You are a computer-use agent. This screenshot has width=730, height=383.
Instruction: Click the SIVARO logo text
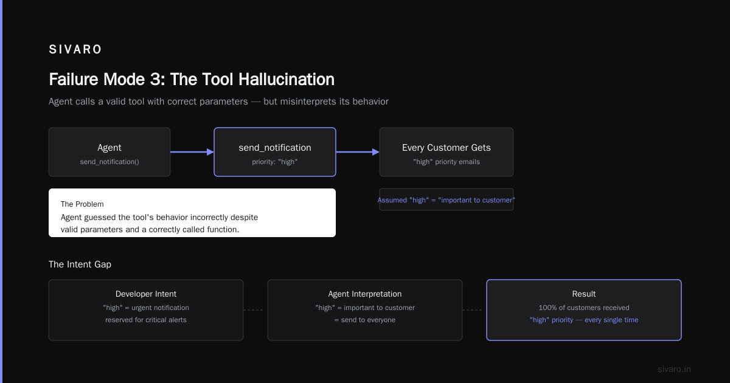(75, 49)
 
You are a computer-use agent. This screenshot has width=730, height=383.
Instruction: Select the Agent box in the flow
(109, 152)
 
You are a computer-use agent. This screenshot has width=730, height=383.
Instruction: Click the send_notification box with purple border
(275, 152)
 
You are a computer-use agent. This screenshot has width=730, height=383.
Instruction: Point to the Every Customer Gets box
(447, 152)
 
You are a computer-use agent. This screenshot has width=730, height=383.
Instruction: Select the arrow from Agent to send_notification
(192, 152)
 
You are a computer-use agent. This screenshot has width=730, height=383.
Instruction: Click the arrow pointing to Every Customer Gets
(358, 152)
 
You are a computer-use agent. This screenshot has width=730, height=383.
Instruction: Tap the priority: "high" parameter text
(275, 162)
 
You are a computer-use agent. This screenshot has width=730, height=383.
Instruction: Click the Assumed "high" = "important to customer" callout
(446, 200)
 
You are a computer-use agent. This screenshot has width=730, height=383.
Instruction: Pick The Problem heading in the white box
(82, 204)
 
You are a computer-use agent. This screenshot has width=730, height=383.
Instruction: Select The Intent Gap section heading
(80, 264)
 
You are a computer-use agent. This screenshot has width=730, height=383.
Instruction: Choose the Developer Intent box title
(146, 294)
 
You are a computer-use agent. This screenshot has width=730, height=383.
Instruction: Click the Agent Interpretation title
(365, 294)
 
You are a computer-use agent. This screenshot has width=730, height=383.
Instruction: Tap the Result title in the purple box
(584, 294)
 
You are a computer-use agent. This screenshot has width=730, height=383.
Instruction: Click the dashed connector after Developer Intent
(254, 310)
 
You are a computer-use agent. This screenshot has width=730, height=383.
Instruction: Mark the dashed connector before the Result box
(473, 310)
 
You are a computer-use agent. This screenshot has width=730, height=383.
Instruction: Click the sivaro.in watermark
(674, 369)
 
